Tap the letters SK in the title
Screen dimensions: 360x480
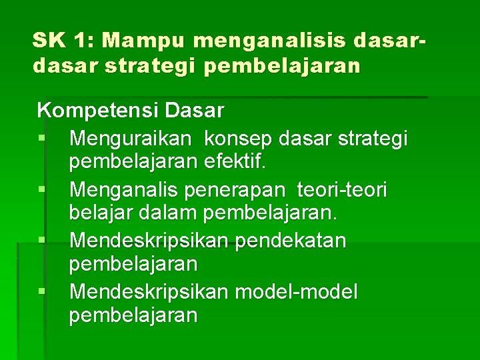(49, 41)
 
